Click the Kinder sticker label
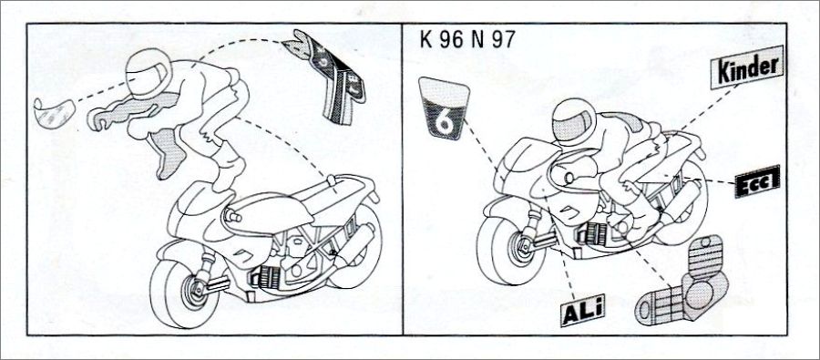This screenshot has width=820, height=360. pyautogui.click(x=747, y=67)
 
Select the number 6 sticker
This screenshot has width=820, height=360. pyautogui.click(x=444, y=108)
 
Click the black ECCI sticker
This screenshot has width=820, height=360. pyautogui.click(x=757, y=181)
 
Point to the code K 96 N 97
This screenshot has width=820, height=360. pyautogui.click(x=467, y=40)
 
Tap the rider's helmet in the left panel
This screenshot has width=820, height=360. pyautogui.click(x=148, y=74)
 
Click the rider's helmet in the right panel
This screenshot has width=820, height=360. pyautogui.click(x=574, y=122)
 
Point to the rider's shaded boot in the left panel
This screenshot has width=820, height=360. pyautogui.click(x=169, y=151)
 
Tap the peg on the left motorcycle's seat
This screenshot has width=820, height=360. pyautogui.click(x=331, y=180)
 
